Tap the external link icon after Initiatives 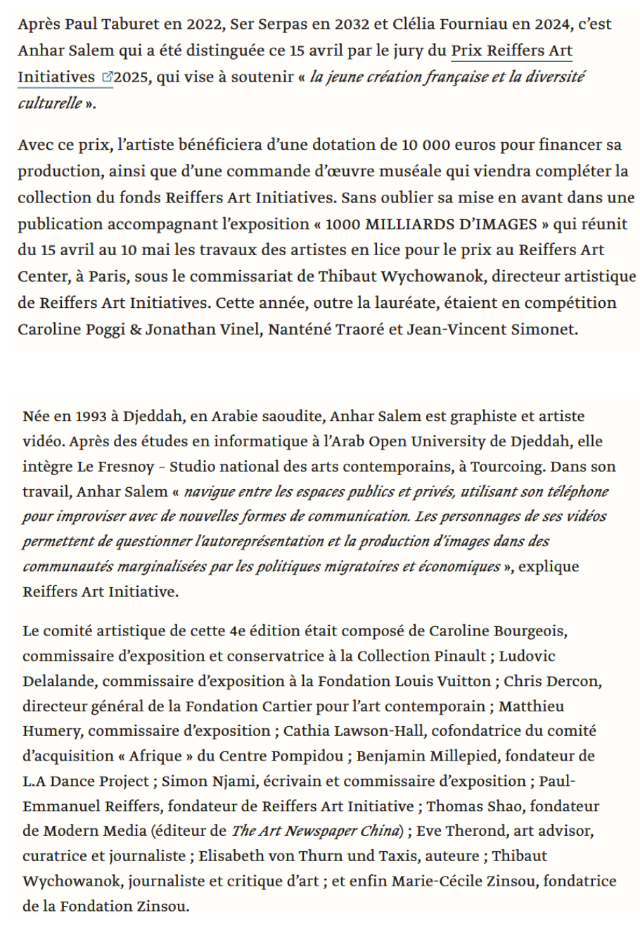pos(107,77)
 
